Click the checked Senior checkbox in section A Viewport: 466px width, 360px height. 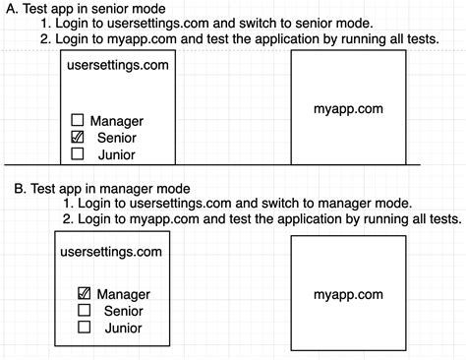coord(78,138)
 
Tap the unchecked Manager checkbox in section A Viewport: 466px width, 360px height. coord(78,121)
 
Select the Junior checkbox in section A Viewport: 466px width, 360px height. coord(78,153)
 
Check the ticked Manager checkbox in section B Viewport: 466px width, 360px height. coord(84,294)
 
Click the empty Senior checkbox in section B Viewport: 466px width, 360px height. coord(84,311)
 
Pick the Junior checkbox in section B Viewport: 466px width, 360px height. coord(84,327)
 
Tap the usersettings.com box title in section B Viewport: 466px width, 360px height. coord(111,252)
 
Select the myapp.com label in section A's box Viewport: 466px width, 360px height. coord(349,109)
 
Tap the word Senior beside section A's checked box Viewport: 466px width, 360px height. coord(117,138)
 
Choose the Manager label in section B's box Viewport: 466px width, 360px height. coord(123,294)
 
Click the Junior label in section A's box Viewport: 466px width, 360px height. coord(117,154)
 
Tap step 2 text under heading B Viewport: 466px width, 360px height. coord(262,218)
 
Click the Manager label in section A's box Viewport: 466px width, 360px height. coord(117,121)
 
